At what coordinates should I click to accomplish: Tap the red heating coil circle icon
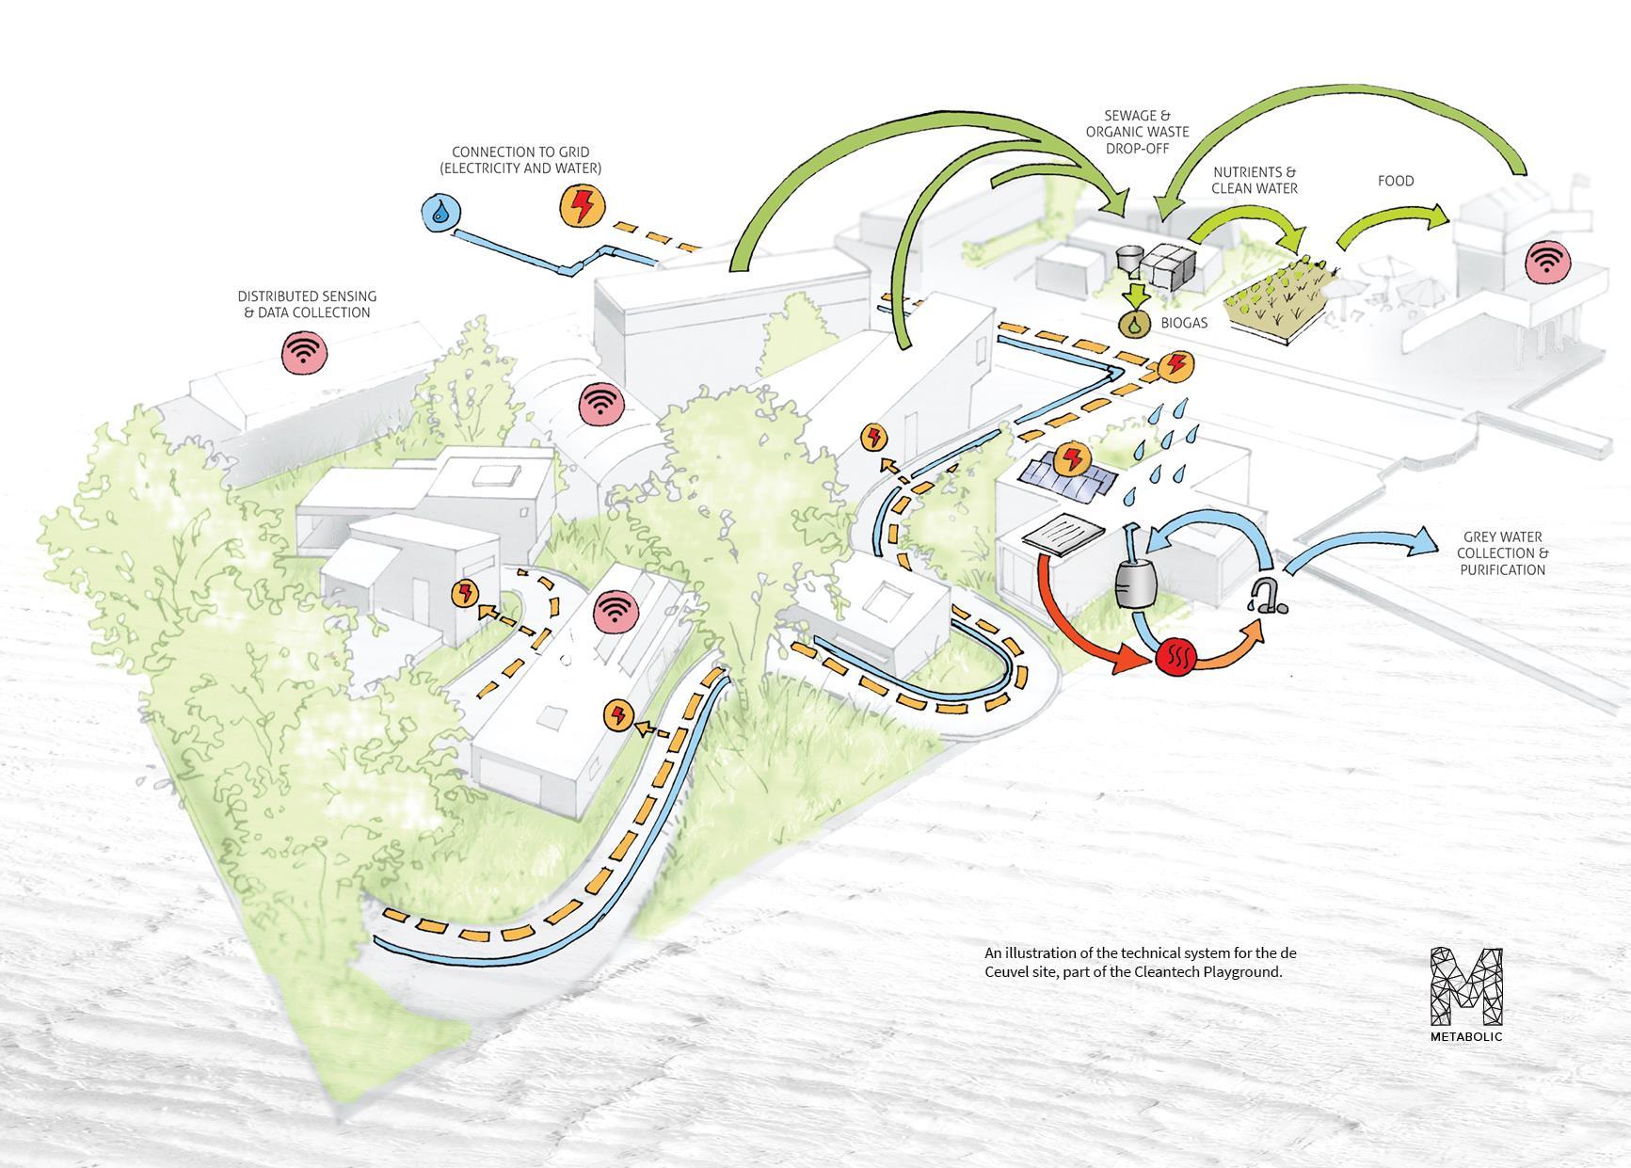[x=1175, y=655]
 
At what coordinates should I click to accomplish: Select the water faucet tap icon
[x=1266, y=596]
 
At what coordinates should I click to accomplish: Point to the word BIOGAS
[x=1184, y=323]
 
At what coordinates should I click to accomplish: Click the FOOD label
[x=1395, y=181]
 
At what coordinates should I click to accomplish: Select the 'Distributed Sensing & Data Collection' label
[x=307, y=304]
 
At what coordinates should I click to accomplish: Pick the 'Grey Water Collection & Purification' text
[x=1502, y=553]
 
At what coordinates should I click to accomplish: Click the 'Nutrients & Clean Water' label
[x=1254, y=180]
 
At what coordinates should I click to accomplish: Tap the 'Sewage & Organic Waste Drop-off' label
[x=1137, y=132]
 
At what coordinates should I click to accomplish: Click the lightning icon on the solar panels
[x=1070, y=458]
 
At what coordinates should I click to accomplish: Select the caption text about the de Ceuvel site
[x=1140, y=962]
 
